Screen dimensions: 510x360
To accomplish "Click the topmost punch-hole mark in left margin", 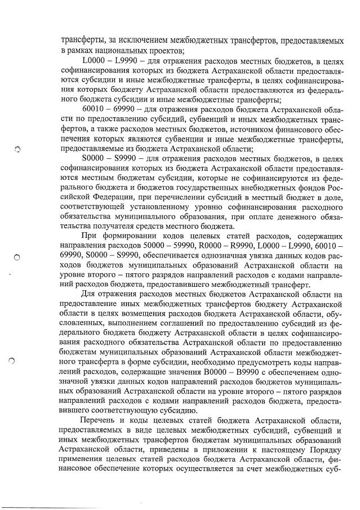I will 17,148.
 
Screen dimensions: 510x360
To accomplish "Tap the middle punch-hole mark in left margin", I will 17,257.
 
